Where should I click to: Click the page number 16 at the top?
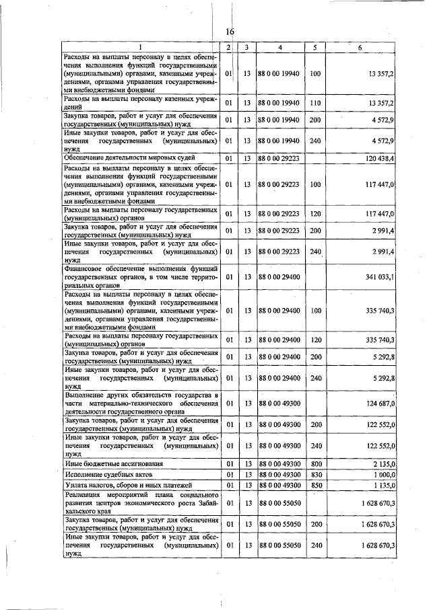(229, 32)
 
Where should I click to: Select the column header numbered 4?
(279, 47)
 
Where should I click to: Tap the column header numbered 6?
(360, 47)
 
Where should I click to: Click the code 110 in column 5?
(314, 102)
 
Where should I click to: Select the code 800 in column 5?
(314, 465)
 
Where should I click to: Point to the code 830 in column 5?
(314, 475)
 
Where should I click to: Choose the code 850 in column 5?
(314, 485)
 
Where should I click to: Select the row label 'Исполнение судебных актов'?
(108, 475)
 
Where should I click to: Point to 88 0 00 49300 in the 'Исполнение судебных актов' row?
(279, 475)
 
